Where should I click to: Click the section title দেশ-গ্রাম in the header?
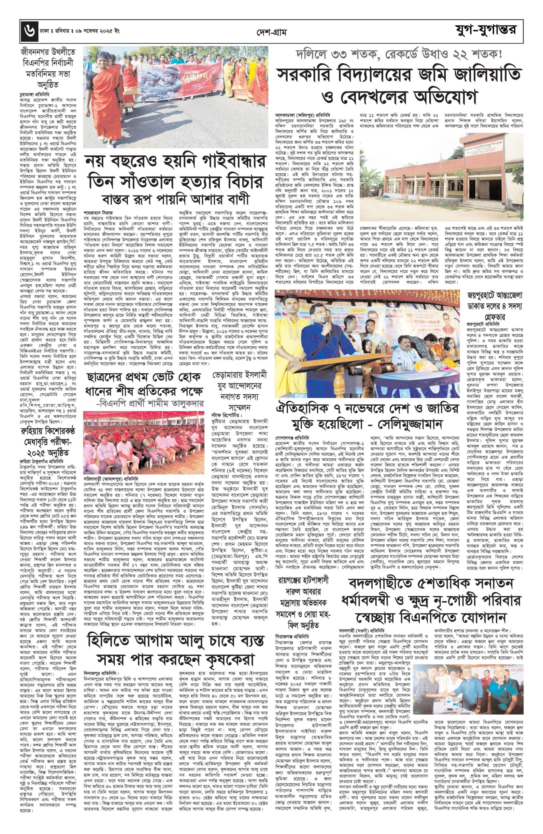coord(271,33)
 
